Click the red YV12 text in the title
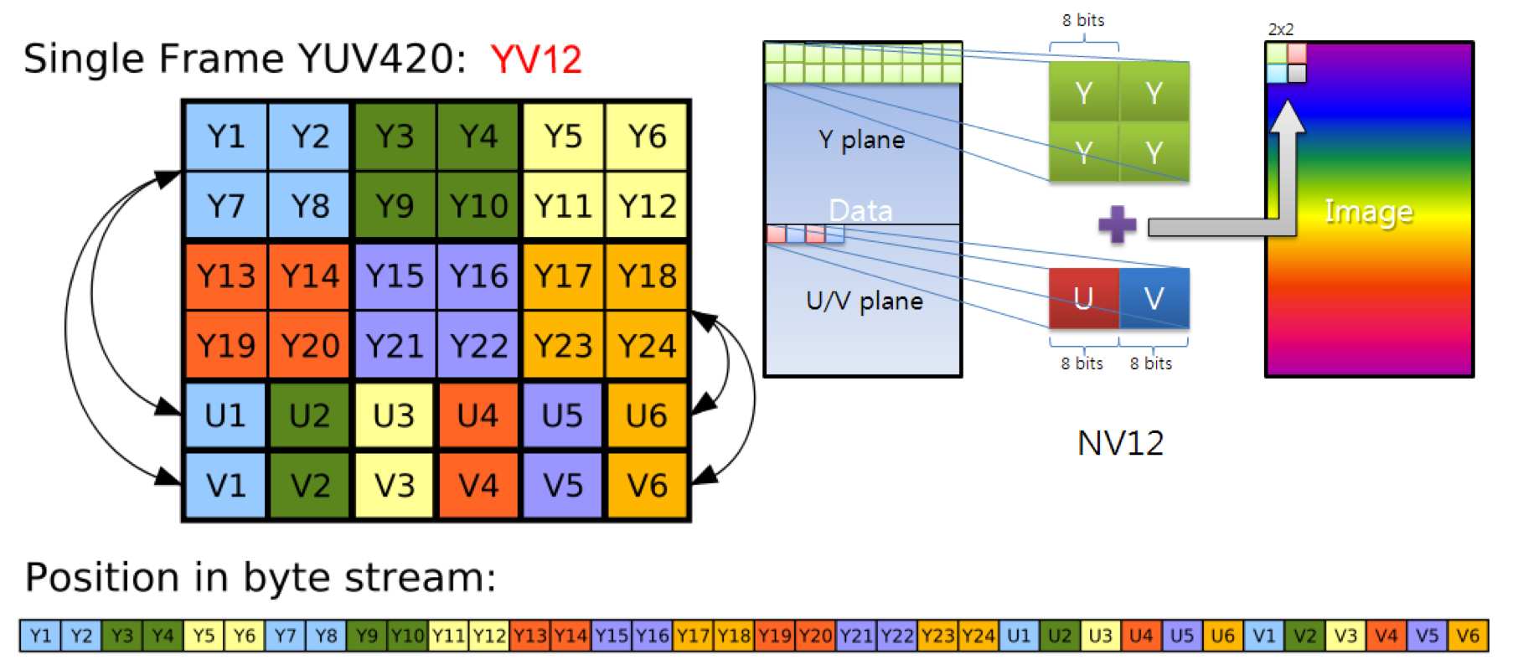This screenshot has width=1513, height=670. pos(536,59)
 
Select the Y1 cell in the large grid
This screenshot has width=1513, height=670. pos(226,137)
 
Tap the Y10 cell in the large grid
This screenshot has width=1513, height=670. pos(478,206)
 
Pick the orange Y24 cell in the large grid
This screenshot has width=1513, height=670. pos(647,345)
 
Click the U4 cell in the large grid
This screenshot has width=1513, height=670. pos(478,415)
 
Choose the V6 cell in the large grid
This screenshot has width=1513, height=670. pos(647,485)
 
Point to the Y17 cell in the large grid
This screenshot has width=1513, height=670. pos(563,276)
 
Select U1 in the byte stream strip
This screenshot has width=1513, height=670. pos(1019,636)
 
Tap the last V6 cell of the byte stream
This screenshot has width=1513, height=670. pos(1468,636)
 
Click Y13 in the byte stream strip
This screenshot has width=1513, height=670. pos(529,636)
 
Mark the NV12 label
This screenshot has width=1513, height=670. pos(1120,443)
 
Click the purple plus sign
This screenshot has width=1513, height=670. pos(1117,224)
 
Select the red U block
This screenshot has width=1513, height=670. pos(1083,298)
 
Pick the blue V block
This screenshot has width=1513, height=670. pos(1154,298)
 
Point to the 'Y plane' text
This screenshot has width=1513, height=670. pos(861,140)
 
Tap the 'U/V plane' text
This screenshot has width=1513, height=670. pos(864,301)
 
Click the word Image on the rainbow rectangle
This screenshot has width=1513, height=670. pos(1368,211)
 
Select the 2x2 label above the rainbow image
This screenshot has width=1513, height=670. pos(1280,29)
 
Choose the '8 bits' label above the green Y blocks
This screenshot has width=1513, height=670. pos(1083,20)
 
